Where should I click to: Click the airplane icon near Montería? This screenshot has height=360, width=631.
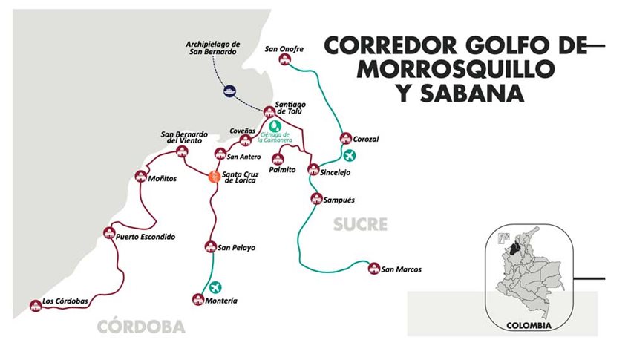tap(216, 287)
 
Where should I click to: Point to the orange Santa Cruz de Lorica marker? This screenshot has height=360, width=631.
tap(214, 176)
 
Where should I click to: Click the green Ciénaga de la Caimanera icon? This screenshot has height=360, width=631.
tap(275, 125)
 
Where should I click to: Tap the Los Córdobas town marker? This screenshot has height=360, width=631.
tap(34, 304)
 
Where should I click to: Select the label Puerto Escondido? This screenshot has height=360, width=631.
tap(146, 238)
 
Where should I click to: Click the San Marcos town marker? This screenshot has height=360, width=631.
tap(373, 267)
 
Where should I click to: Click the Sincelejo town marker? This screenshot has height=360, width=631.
tap(314, 169)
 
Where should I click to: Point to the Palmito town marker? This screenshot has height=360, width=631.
tap(278, 158)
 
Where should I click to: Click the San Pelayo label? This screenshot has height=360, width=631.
tap(236, 248)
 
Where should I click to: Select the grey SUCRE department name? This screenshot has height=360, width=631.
tap(360, 223)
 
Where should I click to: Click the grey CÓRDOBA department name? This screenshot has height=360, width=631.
tap(140, 327)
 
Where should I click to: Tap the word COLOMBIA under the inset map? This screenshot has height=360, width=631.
tap(529, 326)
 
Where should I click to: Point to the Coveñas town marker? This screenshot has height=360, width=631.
tap(246, 141)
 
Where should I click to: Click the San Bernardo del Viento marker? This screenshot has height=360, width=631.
tap(181, 151)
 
